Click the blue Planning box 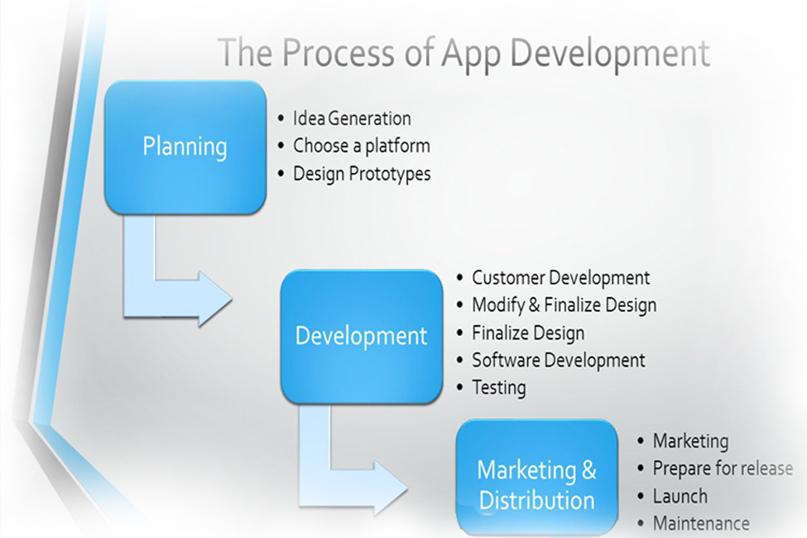point(185,147)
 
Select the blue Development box point(362,336)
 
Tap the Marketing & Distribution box point(537,478)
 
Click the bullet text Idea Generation point(352,118)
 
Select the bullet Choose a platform point(362,147)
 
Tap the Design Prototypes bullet point(362,174)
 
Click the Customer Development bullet point(561,278)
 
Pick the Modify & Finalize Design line point(564,305)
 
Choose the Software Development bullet point(559,360)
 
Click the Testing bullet point(499,388)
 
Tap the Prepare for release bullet point(723,469)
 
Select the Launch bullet point(680,497)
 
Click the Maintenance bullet point(701,524)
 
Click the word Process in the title point(339,54)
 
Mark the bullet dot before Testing point(459,387)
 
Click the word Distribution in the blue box point(537,501)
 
